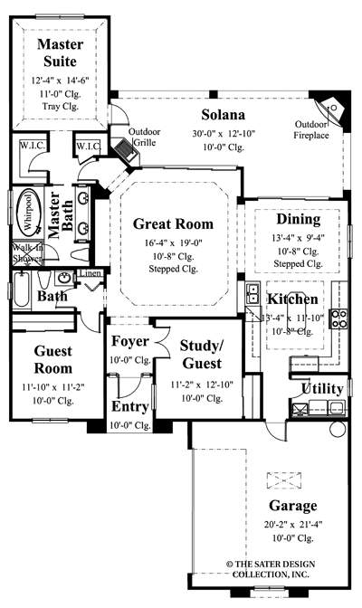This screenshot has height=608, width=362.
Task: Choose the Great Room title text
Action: click(173, 223)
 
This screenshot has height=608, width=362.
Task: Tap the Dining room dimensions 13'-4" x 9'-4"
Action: click(298, 238)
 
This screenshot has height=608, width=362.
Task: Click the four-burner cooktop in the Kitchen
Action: click(343, 318)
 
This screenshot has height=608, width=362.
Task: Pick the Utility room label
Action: click(321, 389)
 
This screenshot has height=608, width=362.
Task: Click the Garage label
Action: click(292, 506)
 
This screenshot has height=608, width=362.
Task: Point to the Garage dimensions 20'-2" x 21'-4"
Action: click(292, 524)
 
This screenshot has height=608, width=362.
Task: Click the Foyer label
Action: click(129, 341)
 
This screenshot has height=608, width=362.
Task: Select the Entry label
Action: click(129, 406)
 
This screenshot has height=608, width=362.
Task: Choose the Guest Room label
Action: click(52, 359)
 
